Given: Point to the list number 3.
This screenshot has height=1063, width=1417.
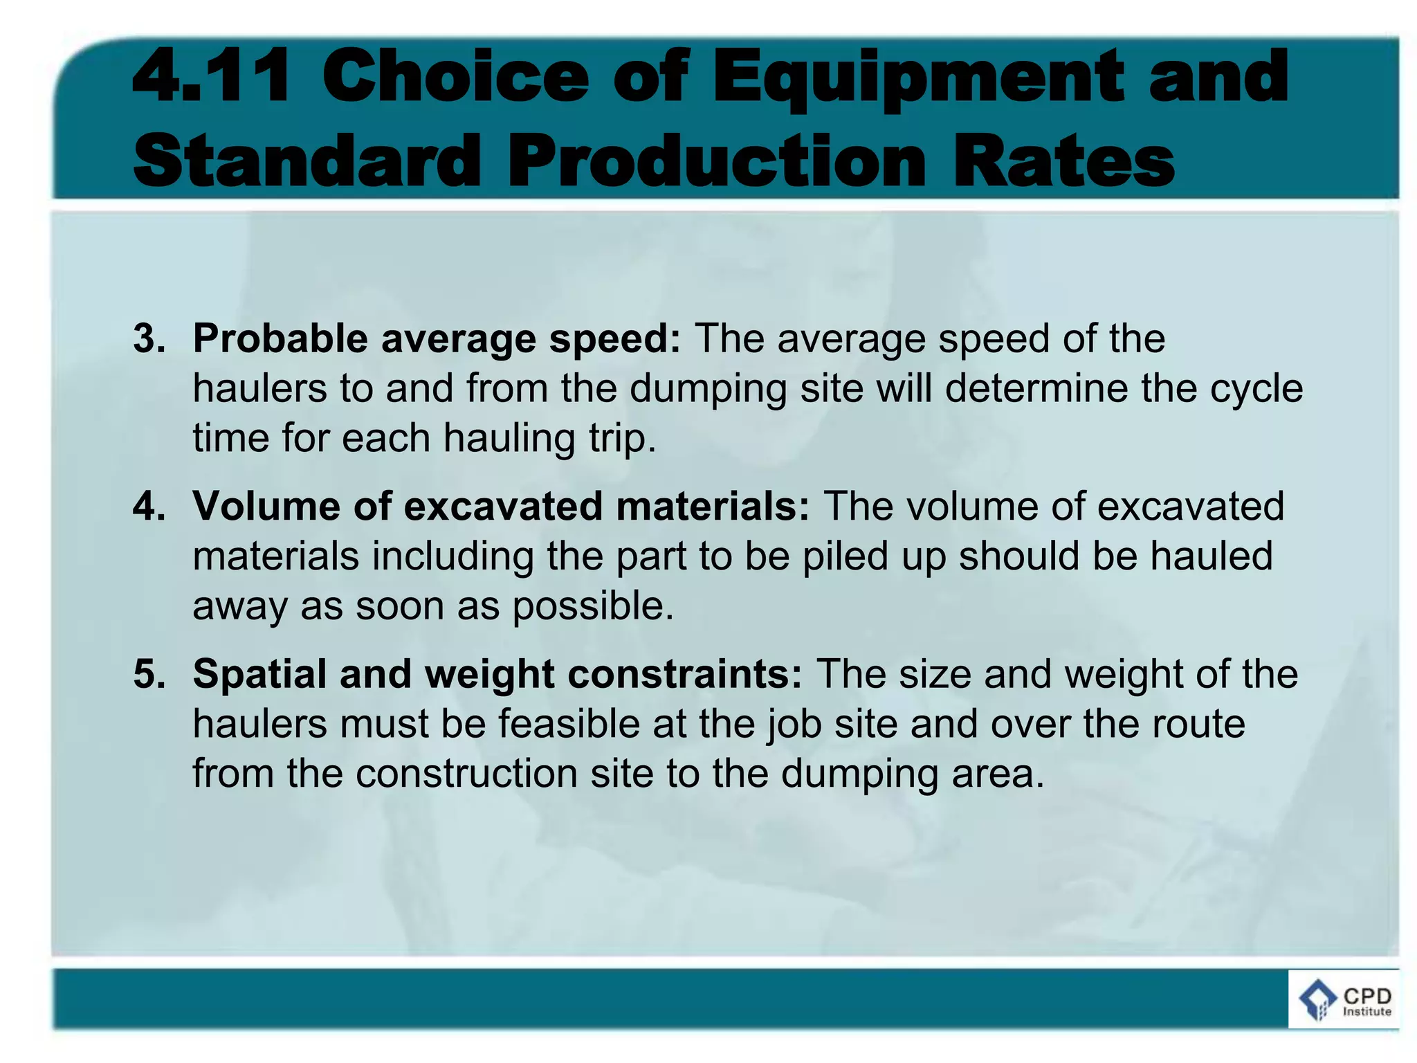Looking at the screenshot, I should pos(149,338).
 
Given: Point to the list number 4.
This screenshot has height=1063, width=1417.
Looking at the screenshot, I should pos(149,506).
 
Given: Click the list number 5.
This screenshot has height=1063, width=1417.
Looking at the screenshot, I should pos(149,673).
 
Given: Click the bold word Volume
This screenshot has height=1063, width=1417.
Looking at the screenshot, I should pos(266,506).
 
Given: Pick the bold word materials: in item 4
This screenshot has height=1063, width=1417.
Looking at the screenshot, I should pos(712,506).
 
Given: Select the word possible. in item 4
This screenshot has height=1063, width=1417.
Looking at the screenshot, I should pos(592,607).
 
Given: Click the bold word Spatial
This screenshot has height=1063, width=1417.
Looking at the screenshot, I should pos(259,673).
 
